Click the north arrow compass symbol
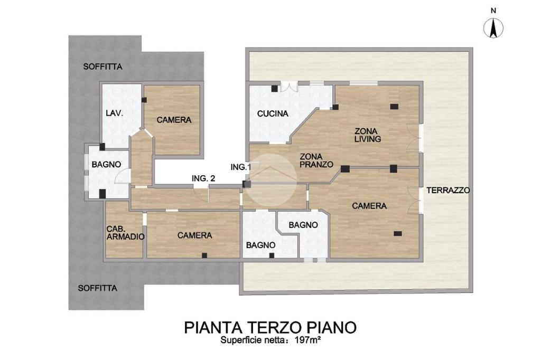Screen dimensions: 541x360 (493, 27)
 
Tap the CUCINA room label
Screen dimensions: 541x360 (273, 113)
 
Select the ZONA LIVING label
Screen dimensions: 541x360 (368, 135)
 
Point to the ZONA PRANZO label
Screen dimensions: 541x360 (316, 160)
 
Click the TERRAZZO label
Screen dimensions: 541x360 (448, 191)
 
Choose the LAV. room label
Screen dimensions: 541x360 (115, 113)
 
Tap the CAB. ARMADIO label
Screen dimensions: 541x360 (125, 233)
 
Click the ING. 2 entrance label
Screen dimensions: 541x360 (203, 178)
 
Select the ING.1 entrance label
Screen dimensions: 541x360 (241, 167)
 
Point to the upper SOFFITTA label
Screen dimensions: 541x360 (103, 67)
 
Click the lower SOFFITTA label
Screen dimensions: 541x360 (98, 288)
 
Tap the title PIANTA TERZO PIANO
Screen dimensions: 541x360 (270, 327)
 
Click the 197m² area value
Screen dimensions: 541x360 (308, 340)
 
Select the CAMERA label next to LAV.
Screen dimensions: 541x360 (174, 120)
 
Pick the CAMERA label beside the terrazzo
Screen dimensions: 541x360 (369, 206)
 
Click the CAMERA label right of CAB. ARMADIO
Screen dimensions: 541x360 (194, 235)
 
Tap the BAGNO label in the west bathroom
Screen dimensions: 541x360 (106, 165)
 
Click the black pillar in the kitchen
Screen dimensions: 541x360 (274, 88)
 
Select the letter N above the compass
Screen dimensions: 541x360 (493, 11)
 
